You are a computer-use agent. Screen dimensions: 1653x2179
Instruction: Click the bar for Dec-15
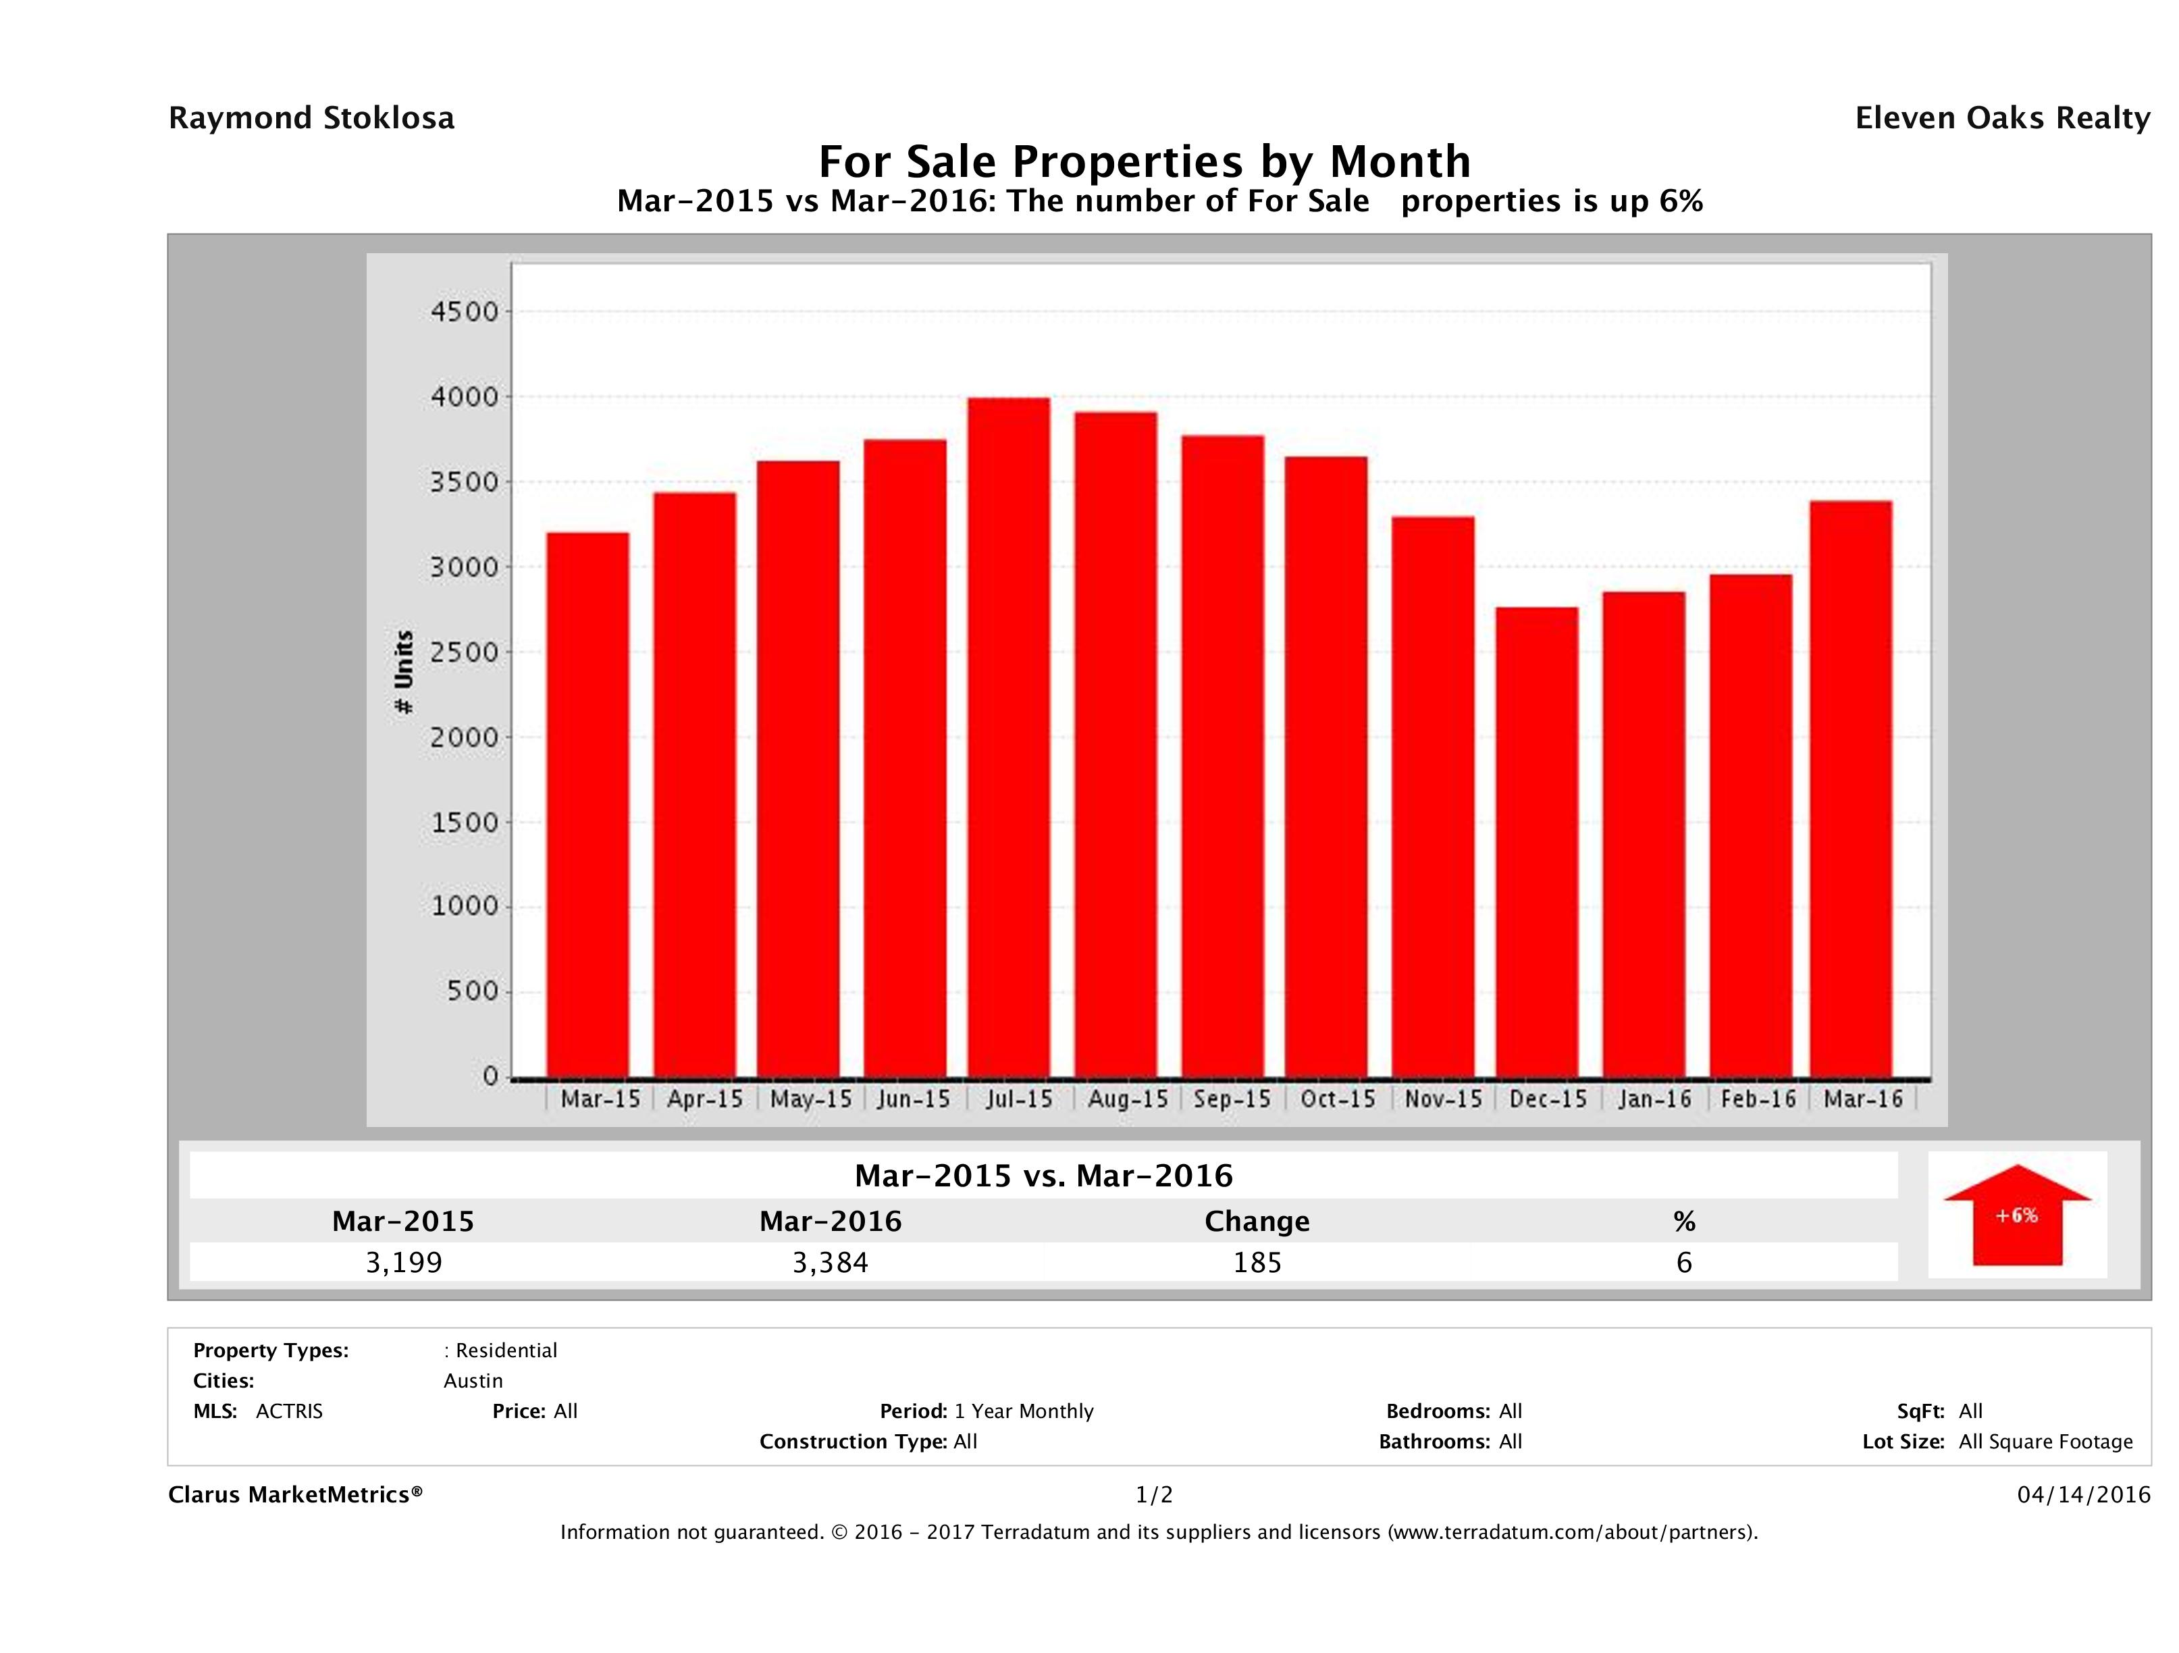[x=1537, y=842]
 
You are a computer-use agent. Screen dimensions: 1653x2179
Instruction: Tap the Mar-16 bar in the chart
[x=1851, y=788]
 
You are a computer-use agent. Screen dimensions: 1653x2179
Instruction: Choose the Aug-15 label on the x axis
[x=1127, y=1099]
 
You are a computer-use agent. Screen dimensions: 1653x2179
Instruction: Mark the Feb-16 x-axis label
[x=1758, y=1099]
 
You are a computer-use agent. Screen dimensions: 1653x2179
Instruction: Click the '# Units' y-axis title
[x=404, y=672]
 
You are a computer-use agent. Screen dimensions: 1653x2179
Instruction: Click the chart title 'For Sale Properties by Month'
[x=1144, y=161]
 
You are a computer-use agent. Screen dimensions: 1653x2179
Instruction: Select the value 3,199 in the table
[x=404, y=1262]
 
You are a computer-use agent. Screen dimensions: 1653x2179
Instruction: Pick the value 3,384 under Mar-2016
[x=831, y=1262]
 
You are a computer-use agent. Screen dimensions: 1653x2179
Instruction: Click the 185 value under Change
[x=1257, y=1262]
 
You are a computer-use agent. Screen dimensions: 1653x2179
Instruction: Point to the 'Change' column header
[x=1257, y=1222]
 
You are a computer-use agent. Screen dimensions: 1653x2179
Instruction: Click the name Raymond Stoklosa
[x=311, y=118]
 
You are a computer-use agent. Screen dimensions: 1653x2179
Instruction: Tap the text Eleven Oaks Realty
[x=2001, y=118]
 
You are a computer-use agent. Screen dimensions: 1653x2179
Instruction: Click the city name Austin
[x=473, y=1381]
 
